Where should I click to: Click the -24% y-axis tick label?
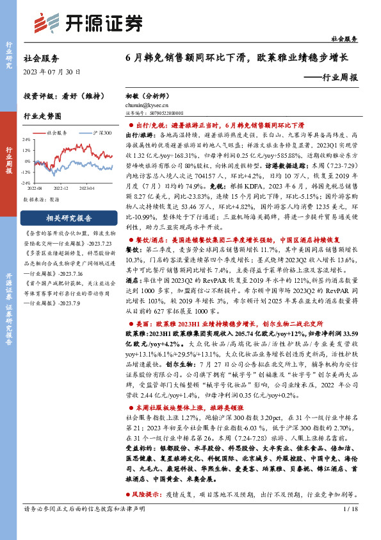coord(28,183)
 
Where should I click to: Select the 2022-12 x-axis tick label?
coord(61,188)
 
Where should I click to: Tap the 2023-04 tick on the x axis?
coord(87,188)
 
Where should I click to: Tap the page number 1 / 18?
coord(350,527)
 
